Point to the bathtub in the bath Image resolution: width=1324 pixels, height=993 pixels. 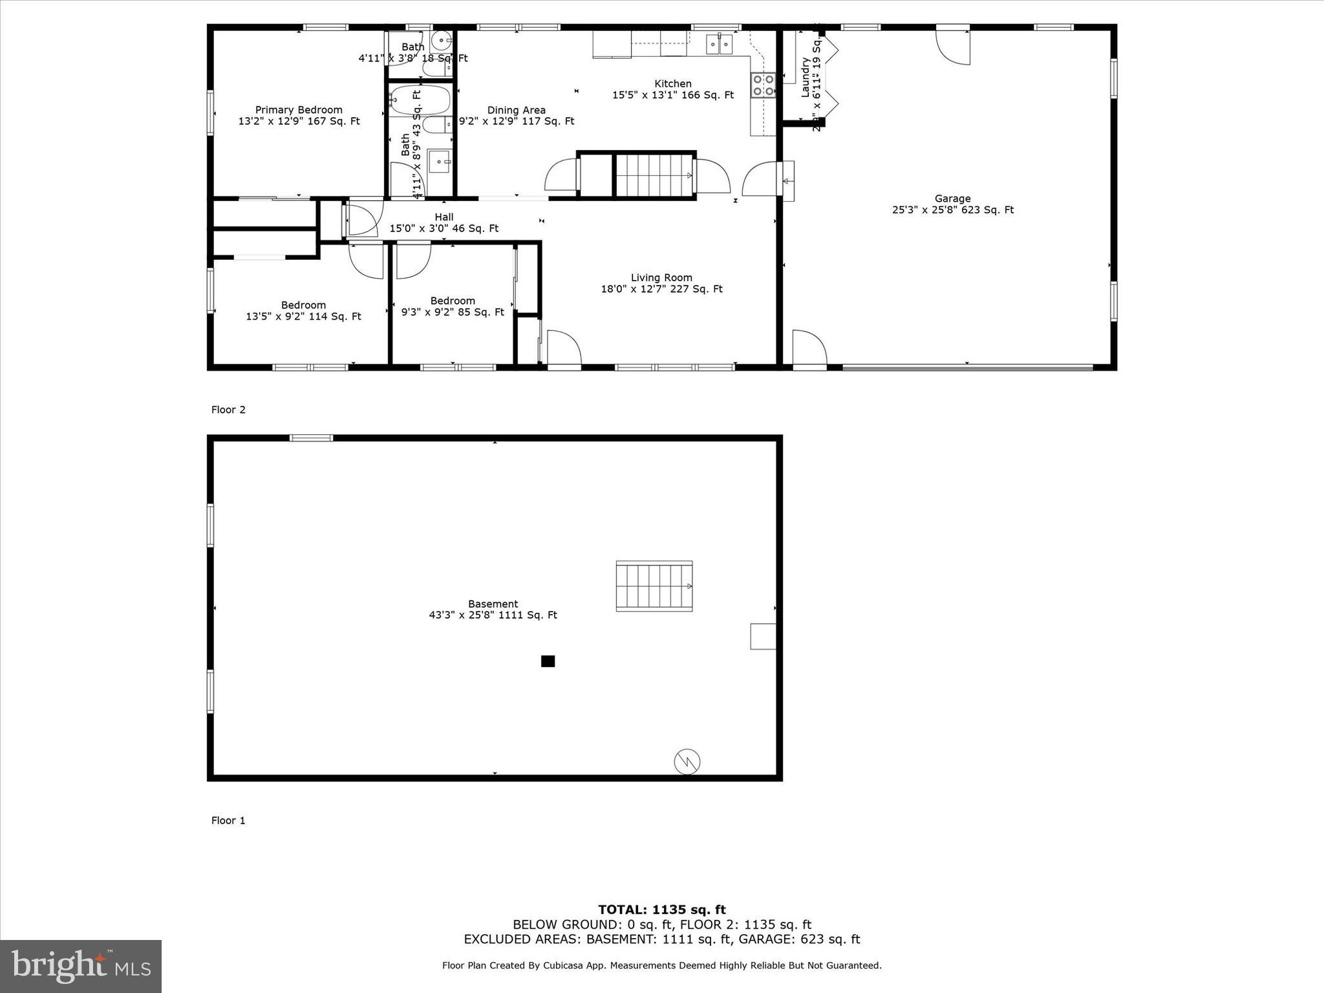tap(421, 100)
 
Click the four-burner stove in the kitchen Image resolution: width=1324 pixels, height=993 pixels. tap(763, 85)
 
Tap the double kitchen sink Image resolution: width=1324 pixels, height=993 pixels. tap(720, 43)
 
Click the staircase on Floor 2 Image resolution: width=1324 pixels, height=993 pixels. tap(654, 175)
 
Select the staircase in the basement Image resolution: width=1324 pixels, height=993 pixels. tap(654, 586)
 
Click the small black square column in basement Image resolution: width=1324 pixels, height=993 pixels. tap(548, 661)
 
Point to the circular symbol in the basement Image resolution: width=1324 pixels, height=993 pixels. tap(687, 761)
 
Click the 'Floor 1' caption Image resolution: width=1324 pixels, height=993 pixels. tap(228, 820)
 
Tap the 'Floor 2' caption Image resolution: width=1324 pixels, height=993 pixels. tap(228, 410)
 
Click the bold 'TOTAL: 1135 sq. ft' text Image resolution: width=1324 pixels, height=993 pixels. tap(661, 910)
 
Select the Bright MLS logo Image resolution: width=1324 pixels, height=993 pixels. tap(81, 966)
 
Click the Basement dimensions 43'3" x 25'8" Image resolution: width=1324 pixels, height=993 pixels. tap(493, 615)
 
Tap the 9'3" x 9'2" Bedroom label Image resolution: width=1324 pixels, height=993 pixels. tap(453, 306)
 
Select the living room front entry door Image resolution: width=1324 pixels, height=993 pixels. tap(564, 349)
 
